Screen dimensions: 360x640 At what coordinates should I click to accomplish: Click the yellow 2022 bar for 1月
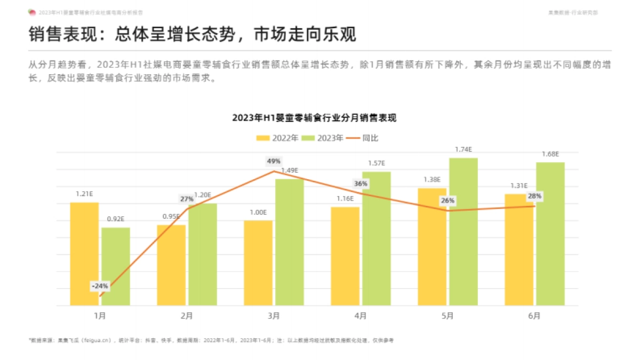(84, 254)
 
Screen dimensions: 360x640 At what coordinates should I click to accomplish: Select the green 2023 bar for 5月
(463, 232)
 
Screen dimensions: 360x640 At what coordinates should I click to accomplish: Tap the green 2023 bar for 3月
(290, 242)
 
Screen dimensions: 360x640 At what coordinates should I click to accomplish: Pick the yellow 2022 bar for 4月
(345, 256)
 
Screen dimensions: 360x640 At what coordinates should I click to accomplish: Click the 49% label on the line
(274, 161)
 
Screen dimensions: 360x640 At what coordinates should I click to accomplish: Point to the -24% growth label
(100, 286)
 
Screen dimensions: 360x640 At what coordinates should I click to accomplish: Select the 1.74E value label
(463, 150)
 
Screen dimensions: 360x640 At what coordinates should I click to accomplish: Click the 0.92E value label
(116, 219)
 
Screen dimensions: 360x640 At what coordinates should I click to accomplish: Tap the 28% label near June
(534, 196)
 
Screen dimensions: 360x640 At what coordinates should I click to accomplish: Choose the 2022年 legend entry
(277, 138)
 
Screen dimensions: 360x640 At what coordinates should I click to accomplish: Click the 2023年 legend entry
(323, 138)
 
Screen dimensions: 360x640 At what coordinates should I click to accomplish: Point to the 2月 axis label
(187, 316)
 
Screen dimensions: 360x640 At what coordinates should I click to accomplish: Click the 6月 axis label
(534, 316)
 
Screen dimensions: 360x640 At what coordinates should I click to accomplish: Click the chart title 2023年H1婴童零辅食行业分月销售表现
(314, 118)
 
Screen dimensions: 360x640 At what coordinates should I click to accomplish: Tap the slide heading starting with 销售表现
(192, 35)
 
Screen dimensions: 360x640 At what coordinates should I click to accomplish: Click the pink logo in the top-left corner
(32, 12)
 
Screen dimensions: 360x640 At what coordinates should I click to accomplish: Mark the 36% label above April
(361, 183)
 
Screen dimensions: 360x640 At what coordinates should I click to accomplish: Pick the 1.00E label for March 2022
(258, 212)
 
